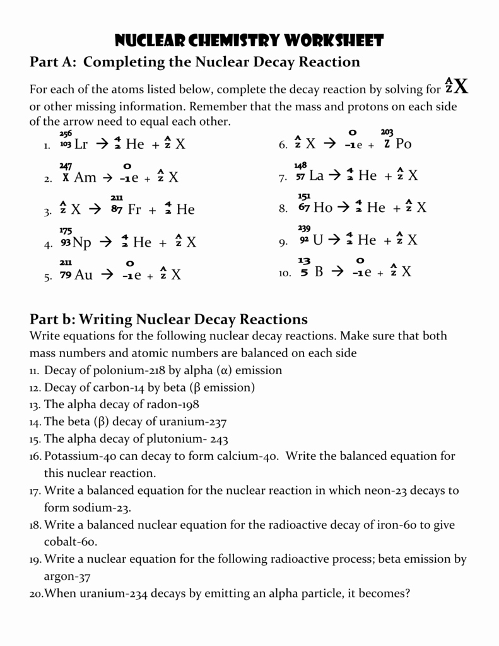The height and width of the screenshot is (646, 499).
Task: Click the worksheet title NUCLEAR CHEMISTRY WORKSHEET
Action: pos(249,41)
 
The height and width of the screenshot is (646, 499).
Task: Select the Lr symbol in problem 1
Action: pos(81,144)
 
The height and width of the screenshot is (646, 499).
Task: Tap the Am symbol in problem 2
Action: pos(85,177)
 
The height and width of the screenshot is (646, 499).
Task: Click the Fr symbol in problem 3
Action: pos(134,209)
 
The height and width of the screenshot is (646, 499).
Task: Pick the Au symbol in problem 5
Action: pos(83,274)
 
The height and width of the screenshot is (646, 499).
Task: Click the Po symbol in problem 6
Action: pos(403,144)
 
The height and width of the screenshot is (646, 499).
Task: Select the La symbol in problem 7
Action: pos(316,176)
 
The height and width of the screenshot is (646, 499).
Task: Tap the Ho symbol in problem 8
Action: pos(322,208)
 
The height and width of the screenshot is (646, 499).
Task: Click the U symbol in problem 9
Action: pos(317,240)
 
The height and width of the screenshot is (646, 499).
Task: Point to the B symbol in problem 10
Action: pos(319,272)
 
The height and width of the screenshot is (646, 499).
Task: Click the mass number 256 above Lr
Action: pos(66,133)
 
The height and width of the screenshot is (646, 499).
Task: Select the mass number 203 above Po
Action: pos(387,132)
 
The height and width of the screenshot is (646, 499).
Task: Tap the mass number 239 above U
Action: pos(304,228)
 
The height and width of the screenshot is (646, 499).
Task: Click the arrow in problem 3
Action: pos(94,209)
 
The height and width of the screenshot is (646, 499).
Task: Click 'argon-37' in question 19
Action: pos(67,576)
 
